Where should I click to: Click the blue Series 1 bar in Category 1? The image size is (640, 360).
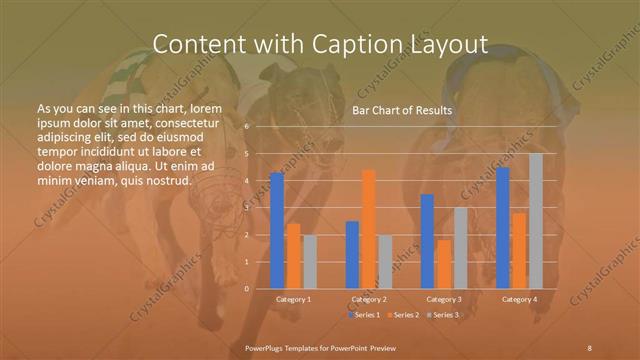point(277,231)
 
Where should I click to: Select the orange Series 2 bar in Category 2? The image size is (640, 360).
point(369,229)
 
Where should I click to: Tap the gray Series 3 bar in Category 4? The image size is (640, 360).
point(536,221)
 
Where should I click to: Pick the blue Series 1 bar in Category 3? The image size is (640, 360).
point(427,241)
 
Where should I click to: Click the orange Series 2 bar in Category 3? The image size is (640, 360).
point(444,264)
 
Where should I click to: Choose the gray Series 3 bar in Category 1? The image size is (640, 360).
point(310,262)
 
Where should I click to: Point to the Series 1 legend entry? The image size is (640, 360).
point(364,315)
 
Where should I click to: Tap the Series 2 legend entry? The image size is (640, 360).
point(402,315)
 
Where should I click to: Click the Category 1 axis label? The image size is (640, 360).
point(293,299)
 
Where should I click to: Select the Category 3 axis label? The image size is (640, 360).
point(444,299)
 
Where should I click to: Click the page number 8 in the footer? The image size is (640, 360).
point(589,346)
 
